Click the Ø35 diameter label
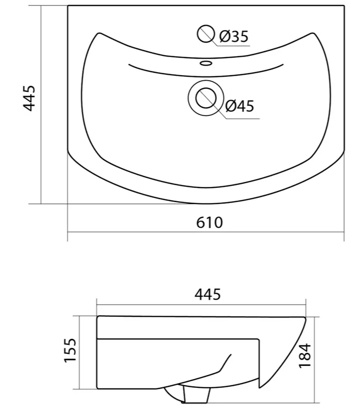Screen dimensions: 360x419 [234, 37]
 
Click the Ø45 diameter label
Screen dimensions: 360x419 [240, 106]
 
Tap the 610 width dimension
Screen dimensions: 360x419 [209, 223]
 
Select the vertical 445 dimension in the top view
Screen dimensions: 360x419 [29, 98]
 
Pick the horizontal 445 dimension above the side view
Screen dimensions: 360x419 [208, 295]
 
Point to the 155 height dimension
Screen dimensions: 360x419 [70, 350]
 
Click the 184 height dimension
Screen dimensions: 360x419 [305, 356]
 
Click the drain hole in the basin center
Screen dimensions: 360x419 [206, 98]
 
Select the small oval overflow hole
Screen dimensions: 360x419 [206, 63]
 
